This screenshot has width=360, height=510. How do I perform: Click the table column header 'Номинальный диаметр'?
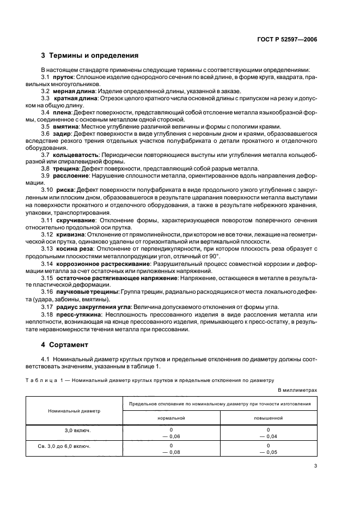75,411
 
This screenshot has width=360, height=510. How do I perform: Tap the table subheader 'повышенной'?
268,417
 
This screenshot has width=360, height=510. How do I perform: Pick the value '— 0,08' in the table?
171,452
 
